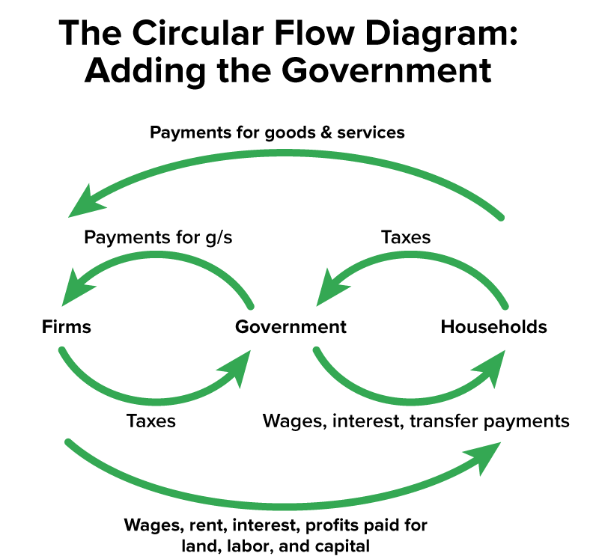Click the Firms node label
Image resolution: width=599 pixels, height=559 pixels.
(x=67, y=327)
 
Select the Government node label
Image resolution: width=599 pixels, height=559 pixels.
(x=291, y=327)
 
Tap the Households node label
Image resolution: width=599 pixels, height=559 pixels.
(x=493, y=327)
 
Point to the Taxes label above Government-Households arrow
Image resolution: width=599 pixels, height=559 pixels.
(x=406, y=237)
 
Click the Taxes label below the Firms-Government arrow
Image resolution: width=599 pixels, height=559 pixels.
(x=150, y=421)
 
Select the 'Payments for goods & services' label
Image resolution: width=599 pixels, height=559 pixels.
(x=277, y=132)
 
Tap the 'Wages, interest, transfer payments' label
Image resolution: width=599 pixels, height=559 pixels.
(x=416, y=421)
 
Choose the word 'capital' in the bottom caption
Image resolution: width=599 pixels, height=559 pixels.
(x=341, y=545)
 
